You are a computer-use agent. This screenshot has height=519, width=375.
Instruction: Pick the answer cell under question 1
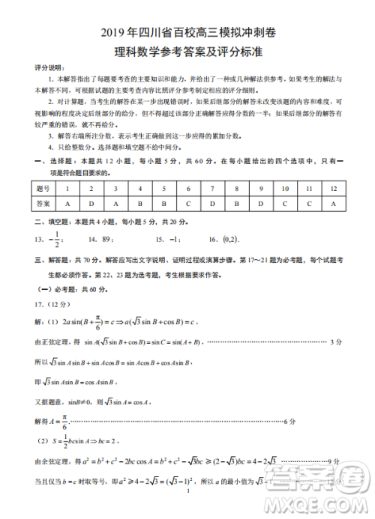(x=67, y=203)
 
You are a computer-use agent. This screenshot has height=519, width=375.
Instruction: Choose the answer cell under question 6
(x=187, y=203)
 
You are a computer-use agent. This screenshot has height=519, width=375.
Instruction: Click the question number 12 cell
(x=332, y=189)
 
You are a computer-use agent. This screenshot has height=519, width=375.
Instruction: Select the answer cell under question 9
(x=260, y=203)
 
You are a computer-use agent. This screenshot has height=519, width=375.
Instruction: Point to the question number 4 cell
(x=139, y=189)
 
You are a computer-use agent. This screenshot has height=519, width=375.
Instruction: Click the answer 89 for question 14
(x=107, y=240)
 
